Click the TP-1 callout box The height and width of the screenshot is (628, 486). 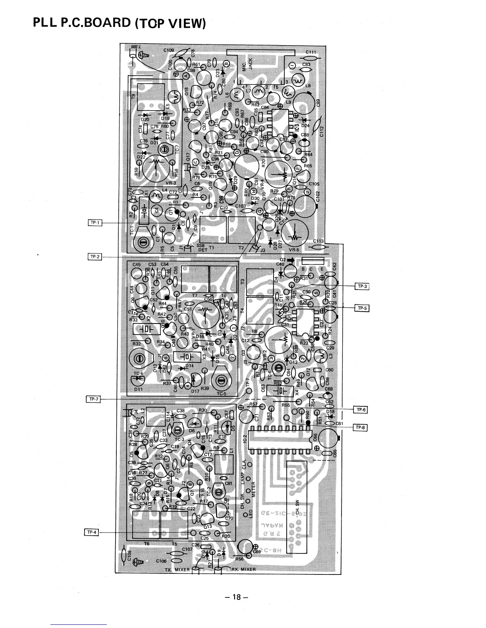pyautogui.click(x=95, y=223)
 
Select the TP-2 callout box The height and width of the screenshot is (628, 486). pyautogui.click(x=95, y=257)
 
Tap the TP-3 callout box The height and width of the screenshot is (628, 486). pyautogui.click(x=362, y=286)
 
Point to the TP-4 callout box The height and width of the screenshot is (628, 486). pyautogui.click(x=91, y=532)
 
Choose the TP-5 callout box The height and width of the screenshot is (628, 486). pyautogui.click(x=362, y=308)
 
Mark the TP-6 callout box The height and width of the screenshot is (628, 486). pyautogui.click(x=360, y=410)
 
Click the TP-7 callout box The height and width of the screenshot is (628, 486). pyautogui.click(x=93, y=399)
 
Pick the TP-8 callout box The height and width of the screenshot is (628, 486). pyautogui.click(x=360, y=427)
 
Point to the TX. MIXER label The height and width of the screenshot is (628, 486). pyautogui.click(x=177, y=570)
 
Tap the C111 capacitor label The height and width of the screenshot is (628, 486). pyautogui.click(x=310, y=52)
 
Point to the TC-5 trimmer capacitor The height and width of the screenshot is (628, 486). pyautogui.click(x=220, y=382)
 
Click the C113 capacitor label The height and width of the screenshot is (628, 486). pyautogui.click(x=318, y=241)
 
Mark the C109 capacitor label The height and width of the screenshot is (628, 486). pyautogui.click(x=169, y=50)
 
